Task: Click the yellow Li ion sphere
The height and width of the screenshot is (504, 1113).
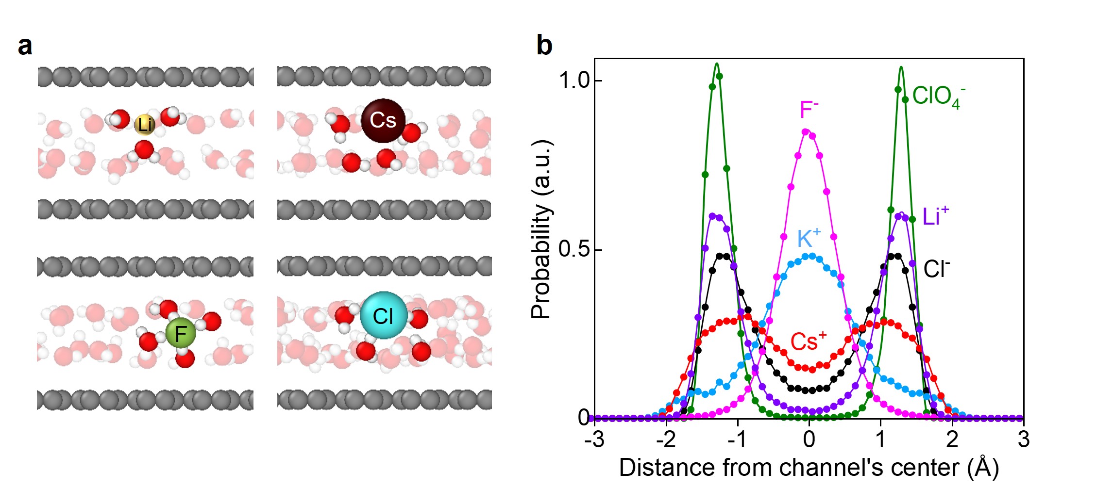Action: [144, 125]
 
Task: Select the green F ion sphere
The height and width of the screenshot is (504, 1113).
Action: [180, 333]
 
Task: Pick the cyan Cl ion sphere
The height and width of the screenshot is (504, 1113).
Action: [383, 316]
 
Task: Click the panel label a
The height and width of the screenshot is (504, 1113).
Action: [25, 46]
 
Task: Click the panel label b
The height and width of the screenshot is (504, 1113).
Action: [544, 46]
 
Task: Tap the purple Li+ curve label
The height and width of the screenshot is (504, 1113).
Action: [935, 216]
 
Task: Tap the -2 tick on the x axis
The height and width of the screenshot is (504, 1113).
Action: [666, 439]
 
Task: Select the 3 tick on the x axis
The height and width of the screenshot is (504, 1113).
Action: [1024, 439]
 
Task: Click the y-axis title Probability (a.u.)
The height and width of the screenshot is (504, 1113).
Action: [541, 229]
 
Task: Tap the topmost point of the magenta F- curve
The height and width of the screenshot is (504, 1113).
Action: [806, 131]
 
